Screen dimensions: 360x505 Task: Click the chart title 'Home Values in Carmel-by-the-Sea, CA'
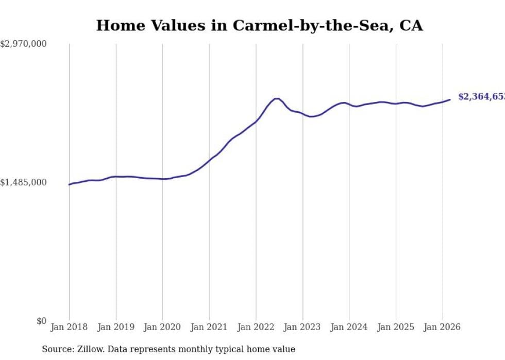click(259, 26)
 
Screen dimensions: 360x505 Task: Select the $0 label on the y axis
click(41, 321)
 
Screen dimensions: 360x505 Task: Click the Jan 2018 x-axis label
click(69, 327)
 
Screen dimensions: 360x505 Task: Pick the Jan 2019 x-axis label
click(116, 327)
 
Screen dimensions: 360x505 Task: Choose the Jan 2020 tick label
click(162, 327)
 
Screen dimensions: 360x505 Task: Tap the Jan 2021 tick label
click(209, 327)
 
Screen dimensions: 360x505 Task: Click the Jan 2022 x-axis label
click(256, 327)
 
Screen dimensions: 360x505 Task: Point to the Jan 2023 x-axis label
click(302, 327)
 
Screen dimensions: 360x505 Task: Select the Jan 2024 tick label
click(349, 327)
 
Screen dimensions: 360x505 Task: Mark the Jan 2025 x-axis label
click(396, 327)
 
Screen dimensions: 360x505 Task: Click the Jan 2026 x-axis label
click(442, 327)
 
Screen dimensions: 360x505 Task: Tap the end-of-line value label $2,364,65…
click(481, 97)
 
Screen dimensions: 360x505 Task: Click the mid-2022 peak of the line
click(277, 98)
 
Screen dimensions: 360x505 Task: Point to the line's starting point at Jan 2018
click(69, 184)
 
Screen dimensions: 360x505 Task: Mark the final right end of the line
click(450, 99)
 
